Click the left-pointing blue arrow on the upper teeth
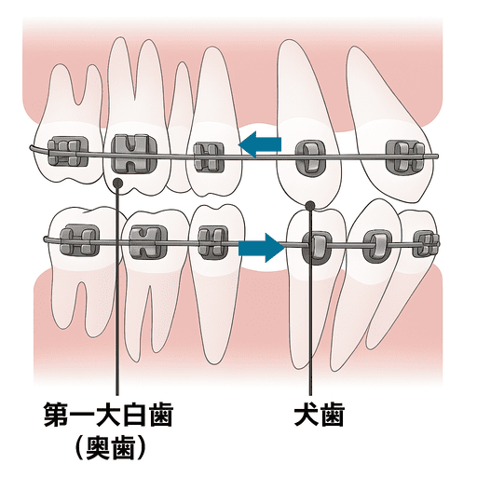tap(260, 144)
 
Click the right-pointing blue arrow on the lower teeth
tap(262, 248)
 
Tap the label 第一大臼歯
tap(108, 415)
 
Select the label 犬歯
tap(320, 415)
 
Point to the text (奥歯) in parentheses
tap(110, 448)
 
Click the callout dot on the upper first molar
tap(117, 183)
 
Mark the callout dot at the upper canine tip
tap(309, 205)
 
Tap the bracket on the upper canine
tap(310, 157)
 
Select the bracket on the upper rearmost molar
tap(68, 153)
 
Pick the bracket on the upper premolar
tap(209, 157)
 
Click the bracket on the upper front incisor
tap(405, 157)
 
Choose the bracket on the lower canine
tap(317, 247)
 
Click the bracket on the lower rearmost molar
tap(80, 239)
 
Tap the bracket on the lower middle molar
tap(148, 242)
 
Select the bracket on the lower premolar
tap(213, 242)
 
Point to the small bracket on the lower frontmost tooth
tap(426, 244)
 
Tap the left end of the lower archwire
tap(45, 238)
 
